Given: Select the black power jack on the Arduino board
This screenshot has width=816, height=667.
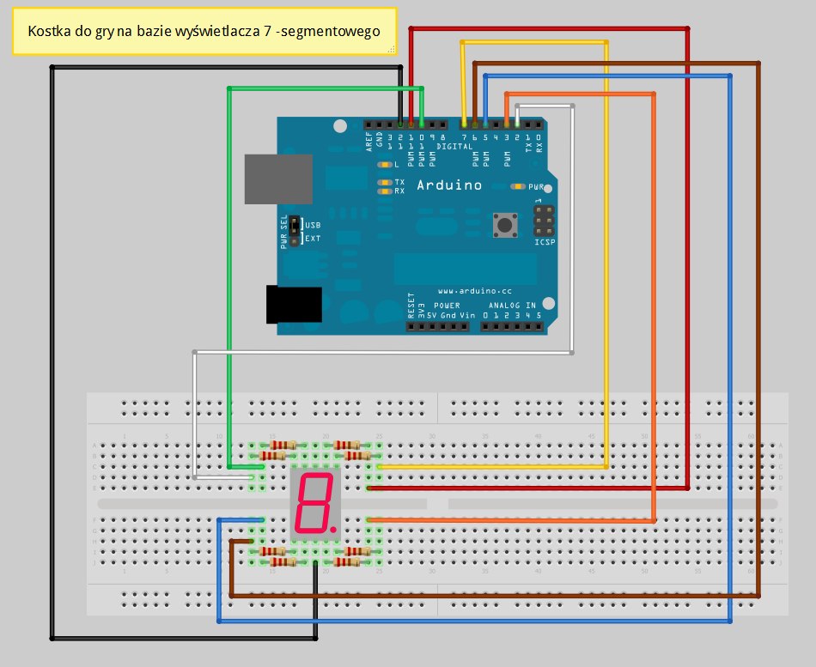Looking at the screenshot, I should click(x=294, y=305).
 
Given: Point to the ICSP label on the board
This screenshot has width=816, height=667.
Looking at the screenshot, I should click(x=545, y=242).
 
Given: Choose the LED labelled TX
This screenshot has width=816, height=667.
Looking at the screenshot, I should click(x=386, y=182).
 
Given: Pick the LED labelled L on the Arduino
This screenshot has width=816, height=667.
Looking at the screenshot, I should click(x=385, y=164).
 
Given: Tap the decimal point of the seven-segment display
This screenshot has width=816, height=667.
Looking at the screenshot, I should click(x=332, y=520).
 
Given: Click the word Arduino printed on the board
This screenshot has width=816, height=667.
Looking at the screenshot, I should click(x=448, y=185).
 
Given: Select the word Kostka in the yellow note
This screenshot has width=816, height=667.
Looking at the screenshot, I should click(x=47, y=32).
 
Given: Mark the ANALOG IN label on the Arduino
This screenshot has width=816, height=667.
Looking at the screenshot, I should click(x=512, y=306).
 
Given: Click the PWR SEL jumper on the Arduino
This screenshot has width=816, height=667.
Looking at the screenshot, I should click(x=294, y=230).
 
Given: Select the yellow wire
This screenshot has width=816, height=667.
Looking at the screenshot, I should click(x=607, y=258).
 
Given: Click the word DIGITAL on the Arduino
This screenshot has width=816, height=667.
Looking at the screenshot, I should click(x=454, y=147).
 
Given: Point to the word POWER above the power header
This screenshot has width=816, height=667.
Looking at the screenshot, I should click(x=447, y=306).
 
